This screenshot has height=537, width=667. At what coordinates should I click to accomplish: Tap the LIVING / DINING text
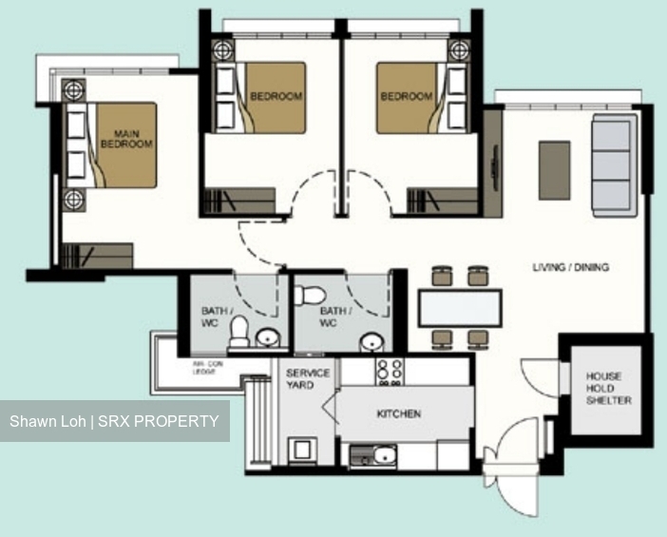click(x=570, y=268)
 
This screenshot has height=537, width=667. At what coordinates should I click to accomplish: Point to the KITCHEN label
click(x=398, y=414)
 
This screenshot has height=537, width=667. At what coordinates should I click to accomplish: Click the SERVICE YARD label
click(x=308, y=379)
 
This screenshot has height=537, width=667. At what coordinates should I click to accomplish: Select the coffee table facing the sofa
click(x=555, y=170)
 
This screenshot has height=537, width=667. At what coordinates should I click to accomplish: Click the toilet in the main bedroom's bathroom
click(x=240, y=332)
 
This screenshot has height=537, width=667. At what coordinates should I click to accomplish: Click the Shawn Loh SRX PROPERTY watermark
click(x=114, y=421)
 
